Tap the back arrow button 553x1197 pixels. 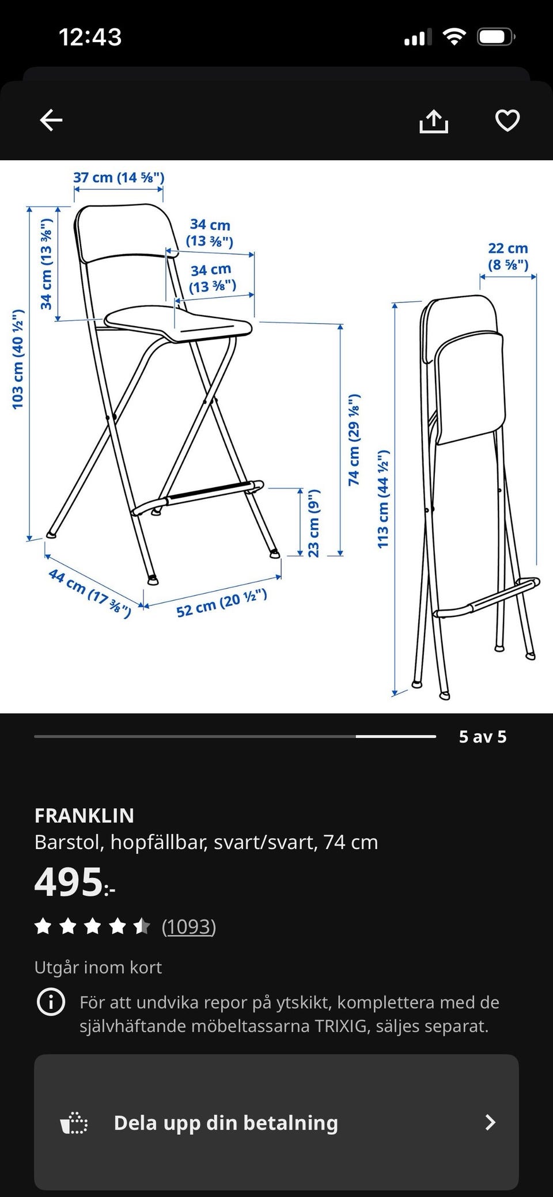point(51,120)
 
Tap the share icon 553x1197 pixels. point(433,121)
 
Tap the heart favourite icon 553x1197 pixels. point(507,120)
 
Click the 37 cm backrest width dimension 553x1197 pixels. point(119,177)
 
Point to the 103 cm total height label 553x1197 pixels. point(18,359)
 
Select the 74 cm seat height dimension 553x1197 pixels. point(354,440)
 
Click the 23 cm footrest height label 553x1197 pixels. point(313,523)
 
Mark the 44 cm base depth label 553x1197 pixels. point(90,593)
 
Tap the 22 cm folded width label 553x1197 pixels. point(508,256)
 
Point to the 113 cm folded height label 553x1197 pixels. point(384,499)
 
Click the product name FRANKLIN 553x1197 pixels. point(84,815)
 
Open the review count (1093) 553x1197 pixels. point(189,926)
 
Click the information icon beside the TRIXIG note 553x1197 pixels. point(51,1002)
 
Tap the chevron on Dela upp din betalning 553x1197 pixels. point(490,1122)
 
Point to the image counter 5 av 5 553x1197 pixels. point(483,737)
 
